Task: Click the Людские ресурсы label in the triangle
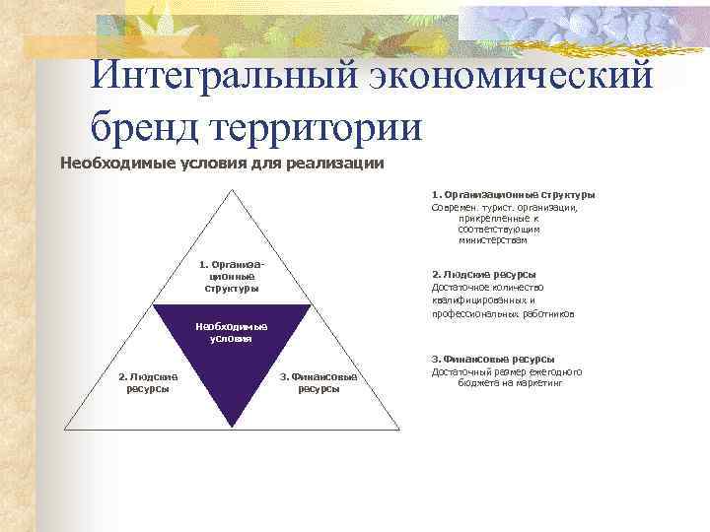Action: (148, 382)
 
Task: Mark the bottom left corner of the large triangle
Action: (63, 430)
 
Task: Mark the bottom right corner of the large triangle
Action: (399, 430)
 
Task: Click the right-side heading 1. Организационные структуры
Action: (513, 195)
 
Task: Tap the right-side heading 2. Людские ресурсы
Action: (484, 275)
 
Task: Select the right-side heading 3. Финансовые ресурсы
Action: (492, 360)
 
